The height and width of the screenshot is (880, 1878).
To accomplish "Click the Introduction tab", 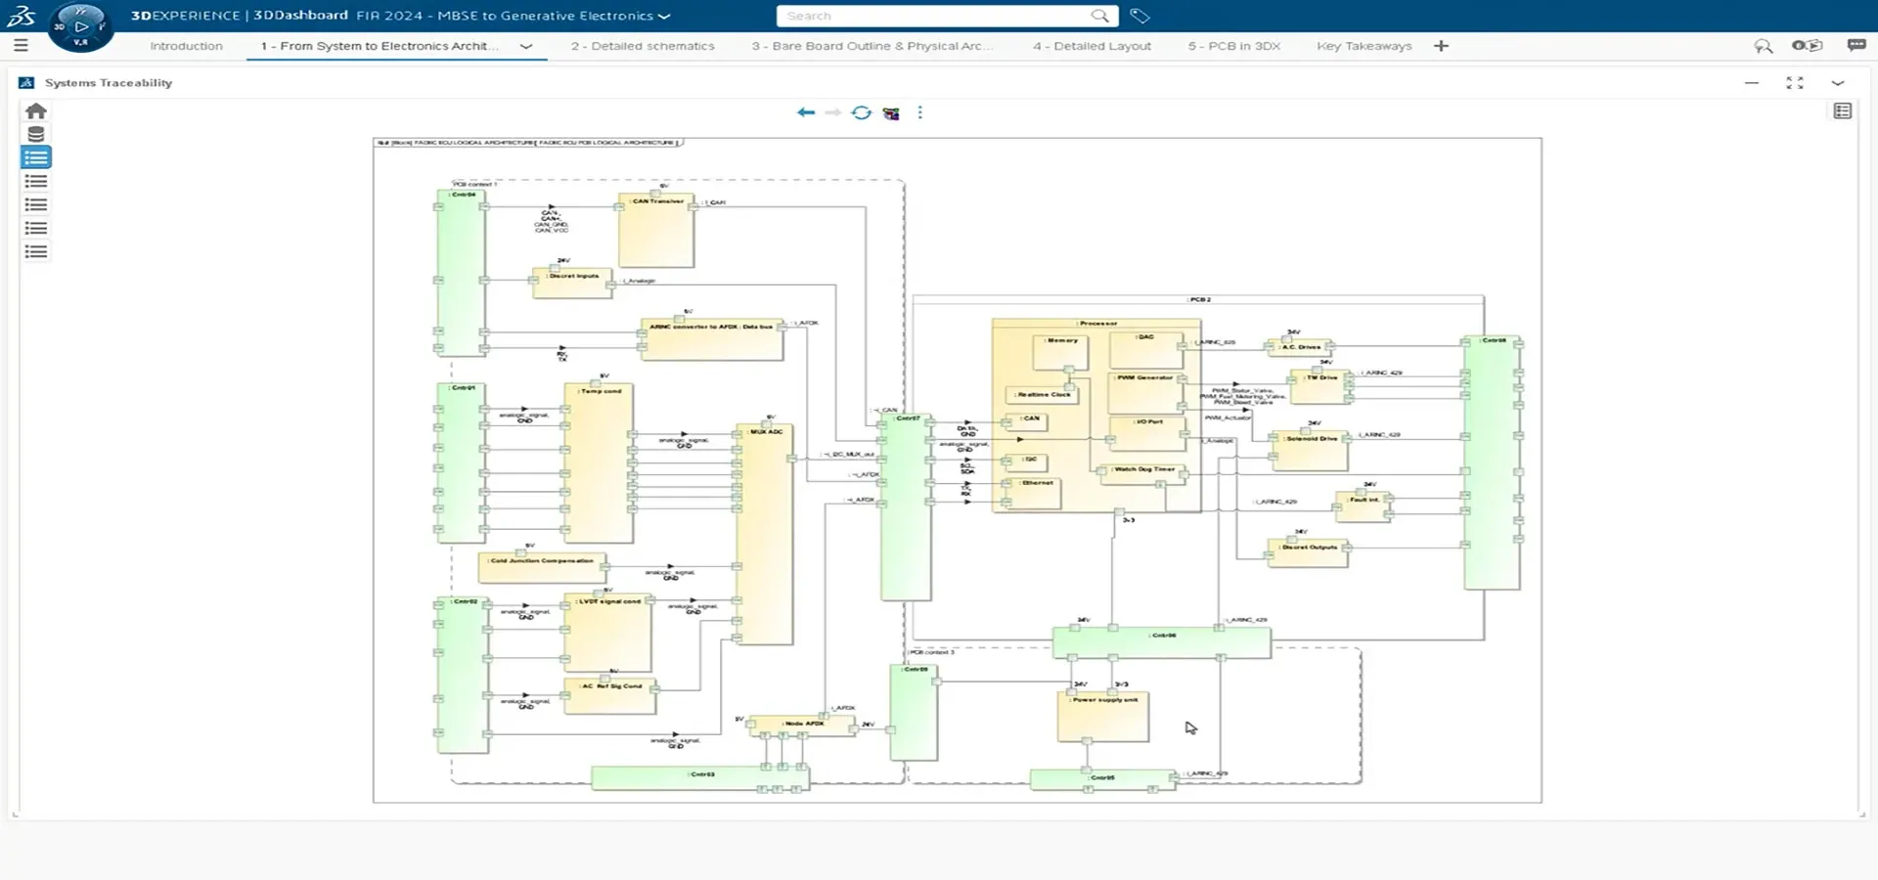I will tap(186, 46).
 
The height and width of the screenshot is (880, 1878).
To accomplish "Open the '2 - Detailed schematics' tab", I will tap(643, 46).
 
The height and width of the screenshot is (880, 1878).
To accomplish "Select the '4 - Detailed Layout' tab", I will tap(1092, 46).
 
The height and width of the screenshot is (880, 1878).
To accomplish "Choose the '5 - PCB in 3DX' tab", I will tap(1233, 46).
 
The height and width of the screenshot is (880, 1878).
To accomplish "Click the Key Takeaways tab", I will tap(1364, 46).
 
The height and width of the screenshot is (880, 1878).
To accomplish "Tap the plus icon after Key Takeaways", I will tap(1441, 46).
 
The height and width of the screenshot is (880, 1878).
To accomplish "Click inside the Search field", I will tap(934, 16).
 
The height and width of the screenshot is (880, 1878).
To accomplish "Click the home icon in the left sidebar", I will tap(36, 111).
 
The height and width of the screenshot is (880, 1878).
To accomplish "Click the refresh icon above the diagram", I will tap(861, 112).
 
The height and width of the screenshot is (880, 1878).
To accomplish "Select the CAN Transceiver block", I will tap(656, 232).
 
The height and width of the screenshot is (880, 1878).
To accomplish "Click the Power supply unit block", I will tap(1103, 717).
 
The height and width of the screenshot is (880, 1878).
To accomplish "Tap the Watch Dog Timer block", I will tap(1142, 474).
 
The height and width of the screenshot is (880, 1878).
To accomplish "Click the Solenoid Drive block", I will tap(1311, 450).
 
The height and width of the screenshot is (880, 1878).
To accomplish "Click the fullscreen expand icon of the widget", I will tap(1794, 83).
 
